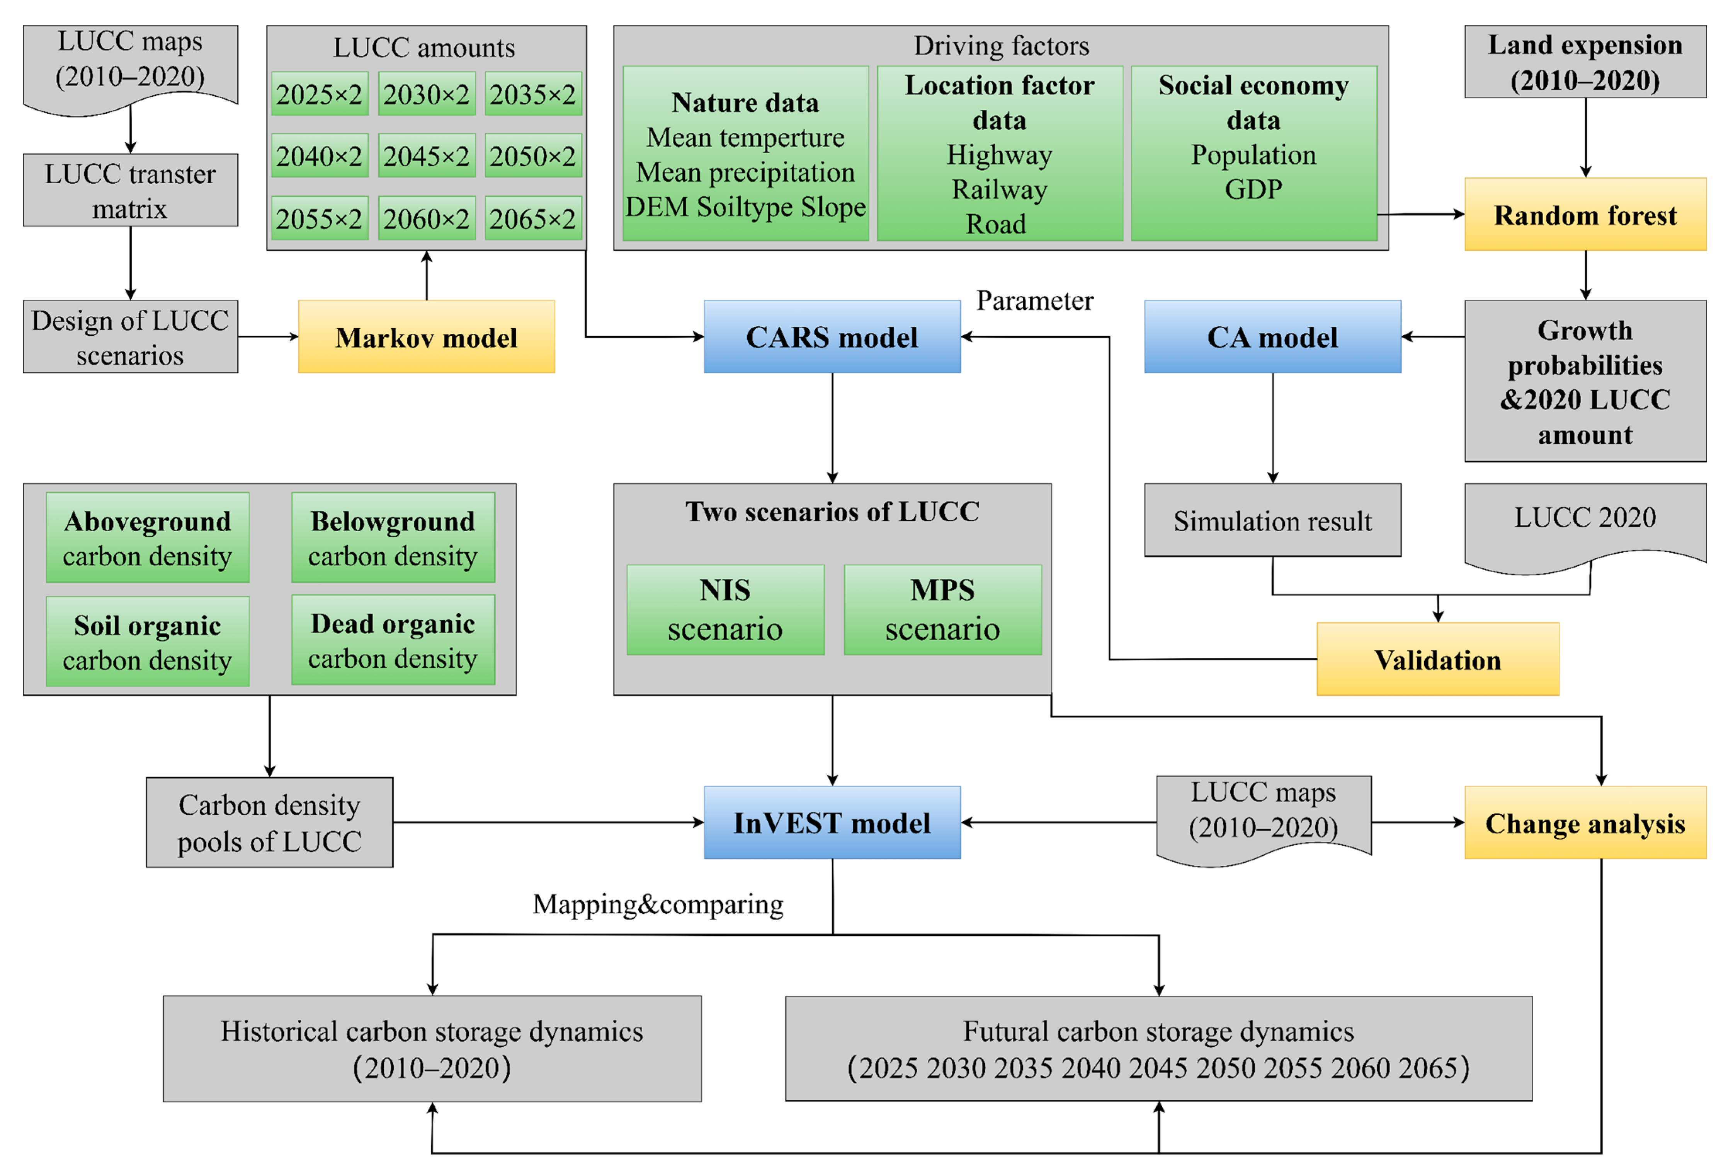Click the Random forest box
(x=1585, y=214)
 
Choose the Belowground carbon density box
(x=393, y=537)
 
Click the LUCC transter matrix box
(x=131, y=190)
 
